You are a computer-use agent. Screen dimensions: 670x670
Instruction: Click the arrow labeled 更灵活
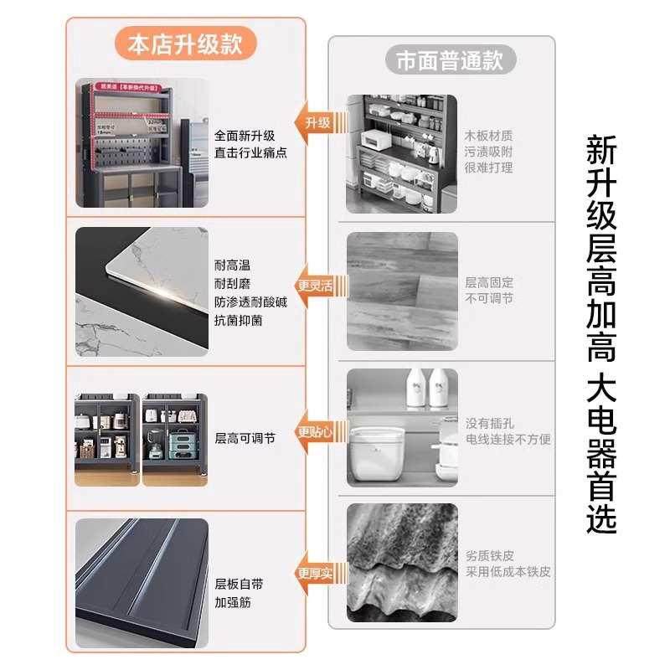point(314,286)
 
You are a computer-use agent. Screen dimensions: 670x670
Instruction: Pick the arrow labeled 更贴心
point(314,433)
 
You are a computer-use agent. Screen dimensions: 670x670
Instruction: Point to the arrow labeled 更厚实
point(314,573)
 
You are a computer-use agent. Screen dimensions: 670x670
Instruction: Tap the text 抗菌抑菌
point(238,319)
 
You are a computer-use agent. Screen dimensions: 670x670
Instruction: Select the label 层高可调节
point(245,437)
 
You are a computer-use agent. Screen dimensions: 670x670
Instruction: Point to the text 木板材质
point(489,136)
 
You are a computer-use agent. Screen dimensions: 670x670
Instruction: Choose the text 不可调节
point(489,298)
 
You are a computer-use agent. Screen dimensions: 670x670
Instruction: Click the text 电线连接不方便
point(508,439)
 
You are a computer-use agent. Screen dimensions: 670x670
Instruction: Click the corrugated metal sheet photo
point(402,564)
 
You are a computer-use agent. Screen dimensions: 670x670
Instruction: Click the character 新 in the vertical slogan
point(601,151)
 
